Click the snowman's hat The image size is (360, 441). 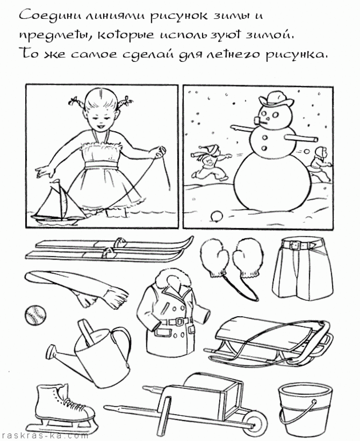pos(274,99)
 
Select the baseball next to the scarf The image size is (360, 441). pos(35,315)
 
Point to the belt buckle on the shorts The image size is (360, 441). pos(295,245)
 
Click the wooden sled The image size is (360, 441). pos(269,341)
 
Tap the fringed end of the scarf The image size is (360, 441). pos(115,294)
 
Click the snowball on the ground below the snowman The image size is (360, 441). pos(217,216)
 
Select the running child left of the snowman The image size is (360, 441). pos(210,162)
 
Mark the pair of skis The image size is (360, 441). pos(109,247)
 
